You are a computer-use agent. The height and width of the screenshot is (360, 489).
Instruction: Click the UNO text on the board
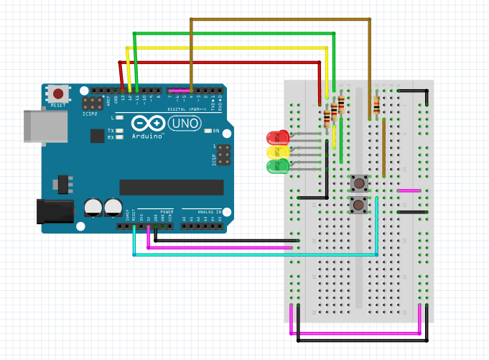tap(183, 124)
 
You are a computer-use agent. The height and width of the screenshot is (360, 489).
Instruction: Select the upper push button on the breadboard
tap(359, 183)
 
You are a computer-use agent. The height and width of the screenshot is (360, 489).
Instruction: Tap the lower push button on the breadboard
tap(359, 206)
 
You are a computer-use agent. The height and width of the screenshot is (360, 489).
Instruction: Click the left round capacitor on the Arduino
tap(93, 208)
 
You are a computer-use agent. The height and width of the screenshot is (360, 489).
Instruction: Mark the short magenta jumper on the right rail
tap(409, 190)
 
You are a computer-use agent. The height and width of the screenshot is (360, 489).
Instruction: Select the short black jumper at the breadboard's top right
tap(412, 91)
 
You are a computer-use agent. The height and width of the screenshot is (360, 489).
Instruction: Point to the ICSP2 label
tap(90, 114)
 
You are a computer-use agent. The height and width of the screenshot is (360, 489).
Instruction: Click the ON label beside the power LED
tap(215, 131)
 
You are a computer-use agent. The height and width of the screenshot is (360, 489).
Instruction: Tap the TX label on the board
tap(111, 131)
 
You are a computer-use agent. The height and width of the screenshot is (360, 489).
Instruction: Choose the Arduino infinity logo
tap(149, 124)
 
